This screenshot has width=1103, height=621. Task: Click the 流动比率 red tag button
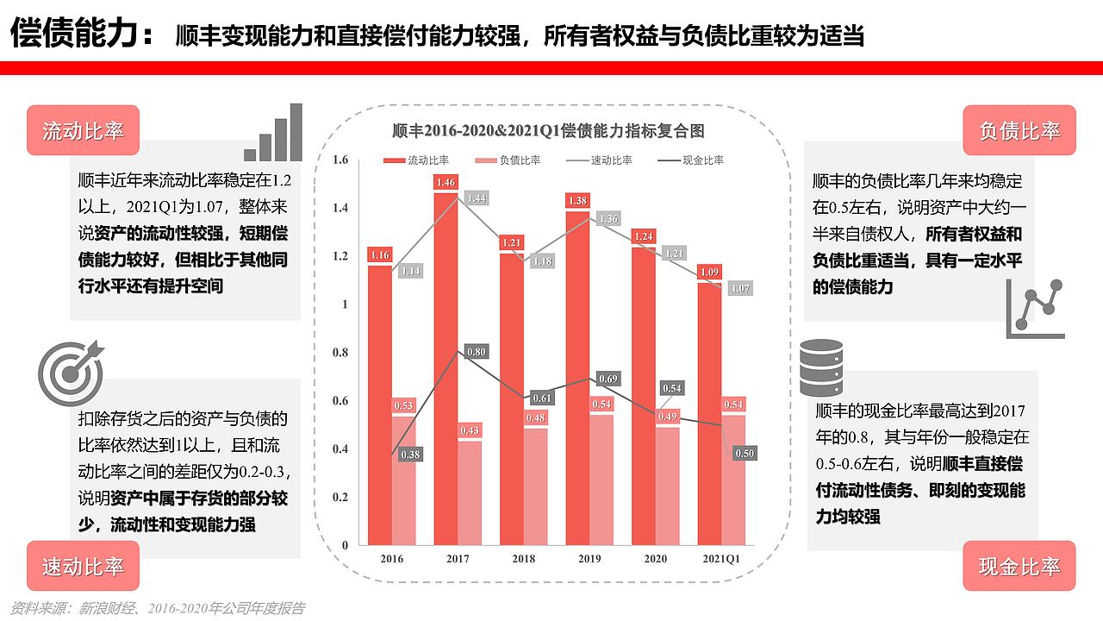coord(83,130)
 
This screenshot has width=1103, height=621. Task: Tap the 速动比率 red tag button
coord(83,566)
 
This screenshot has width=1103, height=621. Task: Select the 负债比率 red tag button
coord(1019,130)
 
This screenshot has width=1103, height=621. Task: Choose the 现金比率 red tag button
coord(1019,566)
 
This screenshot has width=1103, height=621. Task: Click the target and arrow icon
coord(72,373)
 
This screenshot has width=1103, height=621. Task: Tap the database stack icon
coord(821,367)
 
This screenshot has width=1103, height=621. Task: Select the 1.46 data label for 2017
coord(446,182)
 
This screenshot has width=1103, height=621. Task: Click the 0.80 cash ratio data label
coord(477,352)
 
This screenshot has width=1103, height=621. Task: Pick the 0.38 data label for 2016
coord(411,455)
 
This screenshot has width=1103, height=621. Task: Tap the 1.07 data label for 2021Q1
coord(740,288)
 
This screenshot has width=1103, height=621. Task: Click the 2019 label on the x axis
coord(589,559)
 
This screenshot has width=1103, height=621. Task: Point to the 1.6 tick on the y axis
coord(340,160)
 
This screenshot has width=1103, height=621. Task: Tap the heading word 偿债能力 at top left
coord(72,34)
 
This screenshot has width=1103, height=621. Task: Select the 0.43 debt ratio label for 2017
coord(470,430)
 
